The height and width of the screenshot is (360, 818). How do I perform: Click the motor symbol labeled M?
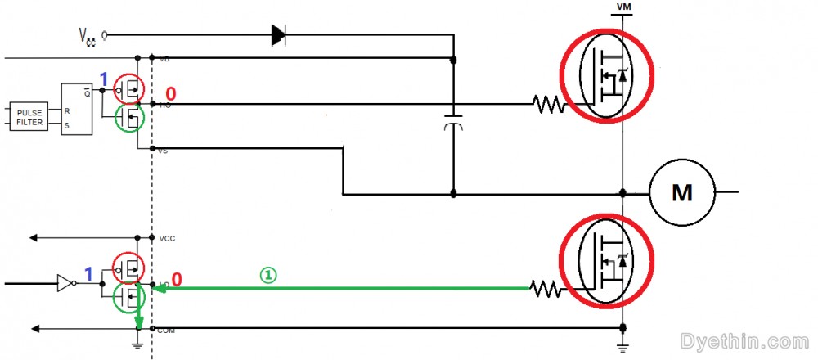681,193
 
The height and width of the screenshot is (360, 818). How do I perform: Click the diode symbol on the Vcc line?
279,34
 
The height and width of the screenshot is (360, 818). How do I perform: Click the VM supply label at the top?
622,7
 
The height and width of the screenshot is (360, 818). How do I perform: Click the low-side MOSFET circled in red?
606,260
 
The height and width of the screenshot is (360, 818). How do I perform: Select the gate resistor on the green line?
546,287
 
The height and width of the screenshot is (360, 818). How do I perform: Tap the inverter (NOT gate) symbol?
64,284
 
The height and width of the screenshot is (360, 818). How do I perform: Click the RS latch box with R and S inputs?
76,107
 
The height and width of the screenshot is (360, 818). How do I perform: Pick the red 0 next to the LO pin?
176,280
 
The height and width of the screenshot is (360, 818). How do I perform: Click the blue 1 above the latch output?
103,79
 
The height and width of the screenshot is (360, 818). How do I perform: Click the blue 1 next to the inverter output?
89,272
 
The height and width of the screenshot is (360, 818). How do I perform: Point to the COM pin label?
168,330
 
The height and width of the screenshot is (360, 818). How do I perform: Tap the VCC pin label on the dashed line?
167,239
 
